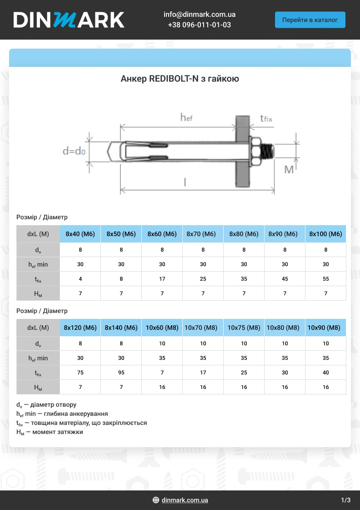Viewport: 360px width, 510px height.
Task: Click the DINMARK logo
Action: coord(69,20)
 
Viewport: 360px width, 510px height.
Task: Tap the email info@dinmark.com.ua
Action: coord(199,15)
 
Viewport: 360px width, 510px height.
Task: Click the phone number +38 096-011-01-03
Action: coord(199,25)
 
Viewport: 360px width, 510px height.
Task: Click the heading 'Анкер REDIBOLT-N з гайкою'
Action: coord(180,79)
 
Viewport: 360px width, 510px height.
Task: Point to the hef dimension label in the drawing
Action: coord(186,118)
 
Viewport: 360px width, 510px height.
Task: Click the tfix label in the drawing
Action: coord(266,119)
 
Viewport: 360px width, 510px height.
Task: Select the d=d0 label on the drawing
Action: coord(74,151)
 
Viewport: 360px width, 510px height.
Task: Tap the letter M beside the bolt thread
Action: coord(289,170)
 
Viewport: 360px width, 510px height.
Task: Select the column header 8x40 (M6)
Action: coord(80,234)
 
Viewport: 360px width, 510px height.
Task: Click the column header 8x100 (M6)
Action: coord(325,234)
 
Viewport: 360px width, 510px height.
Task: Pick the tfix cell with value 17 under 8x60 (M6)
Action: coord(162,279)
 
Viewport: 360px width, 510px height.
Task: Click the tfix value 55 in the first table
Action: coord(325,279)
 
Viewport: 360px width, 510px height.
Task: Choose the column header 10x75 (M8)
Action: coord(244,328)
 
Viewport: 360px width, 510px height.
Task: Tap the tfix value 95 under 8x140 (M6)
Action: coord(121,373)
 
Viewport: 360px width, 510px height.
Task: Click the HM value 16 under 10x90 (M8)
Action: coord(325,387)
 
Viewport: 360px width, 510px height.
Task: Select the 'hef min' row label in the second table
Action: coord(38,358)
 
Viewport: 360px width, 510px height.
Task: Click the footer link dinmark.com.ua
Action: coord(185,500)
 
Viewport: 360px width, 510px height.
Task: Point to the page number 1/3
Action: coord(345,500)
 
